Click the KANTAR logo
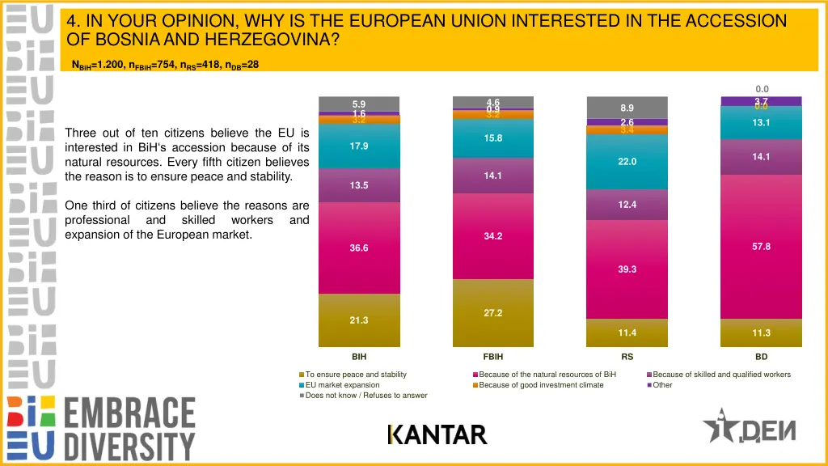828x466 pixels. [x=437, y=435]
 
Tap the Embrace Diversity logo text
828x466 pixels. [x=129, y=428]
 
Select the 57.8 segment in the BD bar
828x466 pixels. [x=761, y=247]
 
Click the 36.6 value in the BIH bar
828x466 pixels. [x=359, y=248]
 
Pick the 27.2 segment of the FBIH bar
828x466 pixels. [x=493, y=312]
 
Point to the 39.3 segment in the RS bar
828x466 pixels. [x=627, y=269]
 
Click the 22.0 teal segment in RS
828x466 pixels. [x=627, y=162]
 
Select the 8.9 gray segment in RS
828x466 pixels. [x=627, y=108]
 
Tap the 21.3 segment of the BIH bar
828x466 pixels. [x=359, y=320]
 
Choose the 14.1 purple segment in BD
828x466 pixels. [x=761, y=157]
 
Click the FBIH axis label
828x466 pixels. [x=493, y=356]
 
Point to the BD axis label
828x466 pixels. [x=761, y=356]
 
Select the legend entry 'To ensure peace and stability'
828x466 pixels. [x=356, y=375]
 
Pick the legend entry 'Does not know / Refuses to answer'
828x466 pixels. [x=366, y=396]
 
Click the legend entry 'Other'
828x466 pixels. [x=662, y=385]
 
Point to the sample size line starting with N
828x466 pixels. [x=165, y=65]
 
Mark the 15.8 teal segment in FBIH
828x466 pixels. [x=493, y=138]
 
